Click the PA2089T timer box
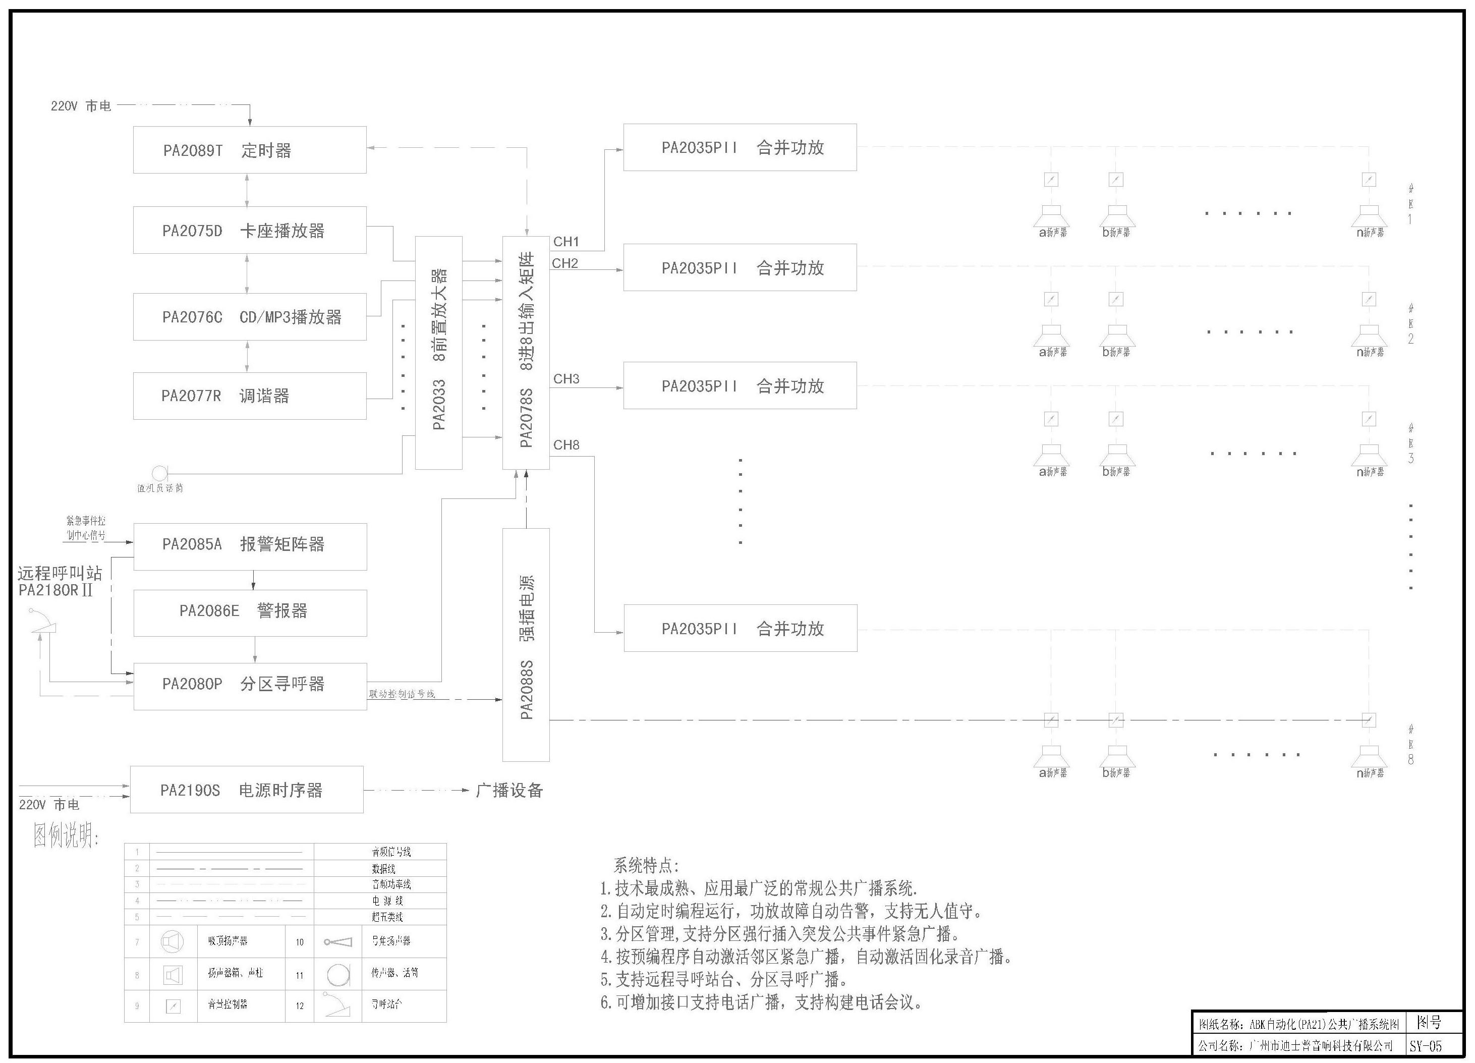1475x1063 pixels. tap(250, 150)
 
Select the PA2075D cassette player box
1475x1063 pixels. tap(250, 230)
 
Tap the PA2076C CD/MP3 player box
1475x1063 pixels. tap(250, 317)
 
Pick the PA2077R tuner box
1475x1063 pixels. tap(250, 396)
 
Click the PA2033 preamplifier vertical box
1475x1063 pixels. tap(439, 353)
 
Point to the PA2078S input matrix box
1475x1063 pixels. tap(526, 353)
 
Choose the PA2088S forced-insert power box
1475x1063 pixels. tap(526, 644)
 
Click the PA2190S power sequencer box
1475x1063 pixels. tap(247, 790)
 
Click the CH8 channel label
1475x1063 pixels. tap(566, 445)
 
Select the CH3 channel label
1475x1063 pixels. tap(566, 378)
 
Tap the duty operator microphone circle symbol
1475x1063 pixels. tap(159, 473)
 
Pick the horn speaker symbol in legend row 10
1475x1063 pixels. tap(338, 942)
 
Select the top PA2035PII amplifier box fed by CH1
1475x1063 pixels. tap(740, 148)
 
